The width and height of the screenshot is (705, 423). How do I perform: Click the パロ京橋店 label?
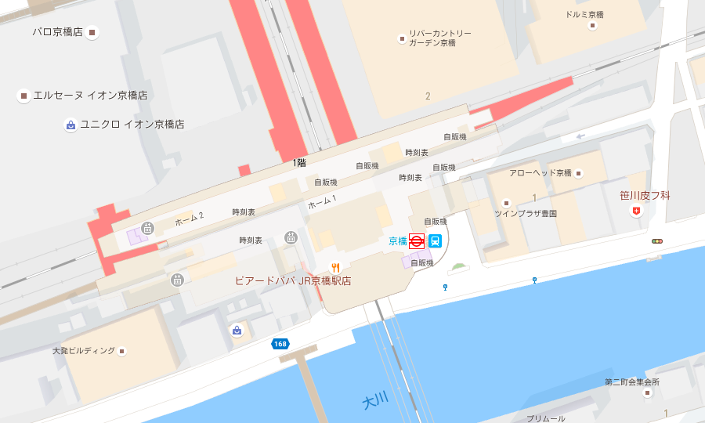point(57,32)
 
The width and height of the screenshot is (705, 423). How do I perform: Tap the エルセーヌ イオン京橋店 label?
point(90,96)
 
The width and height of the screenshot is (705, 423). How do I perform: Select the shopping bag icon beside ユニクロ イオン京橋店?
point(70,125)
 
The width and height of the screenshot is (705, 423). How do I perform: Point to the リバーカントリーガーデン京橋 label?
point(439,38)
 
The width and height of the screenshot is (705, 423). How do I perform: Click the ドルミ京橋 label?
point(586,15)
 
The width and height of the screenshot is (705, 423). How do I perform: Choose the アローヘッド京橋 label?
point(540,172)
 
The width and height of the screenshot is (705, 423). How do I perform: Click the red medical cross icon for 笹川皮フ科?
point(636,212)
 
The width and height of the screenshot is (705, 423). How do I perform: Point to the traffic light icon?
point(656,241)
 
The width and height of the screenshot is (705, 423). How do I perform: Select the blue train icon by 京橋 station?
point(435,241)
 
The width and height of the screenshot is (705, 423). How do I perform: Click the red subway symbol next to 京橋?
point(417,241)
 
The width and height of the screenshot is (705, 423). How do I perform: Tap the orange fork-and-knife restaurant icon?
point(335,267)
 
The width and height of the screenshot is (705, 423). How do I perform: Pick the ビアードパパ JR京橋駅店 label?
point(293,280)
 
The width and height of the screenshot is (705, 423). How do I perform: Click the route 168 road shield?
point(280,344)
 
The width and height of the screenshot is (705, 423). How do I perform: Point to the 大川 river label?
point(375,401)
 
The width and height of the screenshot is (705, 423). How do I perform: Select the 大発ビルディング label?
point(84,350)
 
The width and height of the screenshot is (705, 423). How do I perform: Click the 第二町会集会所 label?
point(631,382)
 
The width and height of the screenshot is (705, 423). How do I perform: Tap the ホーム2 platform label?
point(189,219)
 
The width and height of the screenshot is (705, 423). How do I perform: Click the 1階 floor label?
point(299,163)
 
